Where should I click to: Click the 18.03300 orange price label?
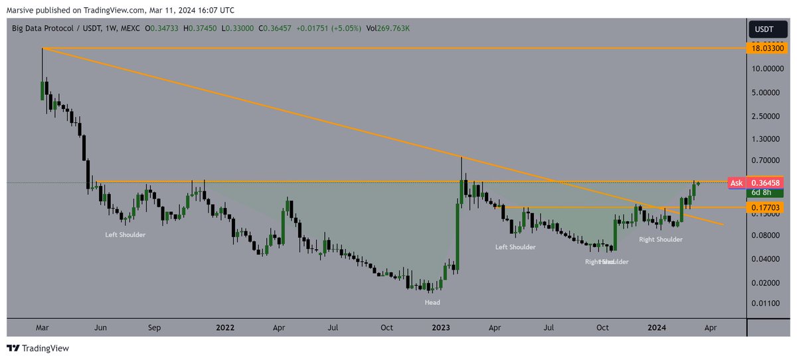point(768,48)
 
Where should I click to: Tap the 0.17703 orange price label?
point(768,207)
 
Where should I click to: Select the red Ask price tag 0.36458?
point(768,183)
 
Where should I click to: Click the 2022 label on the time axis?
point(225,327)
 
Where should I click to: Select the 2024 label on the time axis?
point(657,327)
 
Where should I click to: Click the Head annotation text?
point(432,302)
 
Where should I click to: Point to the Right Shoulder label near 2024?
point(660,239)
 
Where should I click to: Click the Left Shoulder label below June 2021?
point(125,234)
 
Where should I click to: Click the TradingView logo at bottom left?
point(38,348)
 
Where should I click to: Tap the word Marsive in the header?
point(19,10)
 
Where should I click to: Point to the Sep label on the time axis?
point(154,327)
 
